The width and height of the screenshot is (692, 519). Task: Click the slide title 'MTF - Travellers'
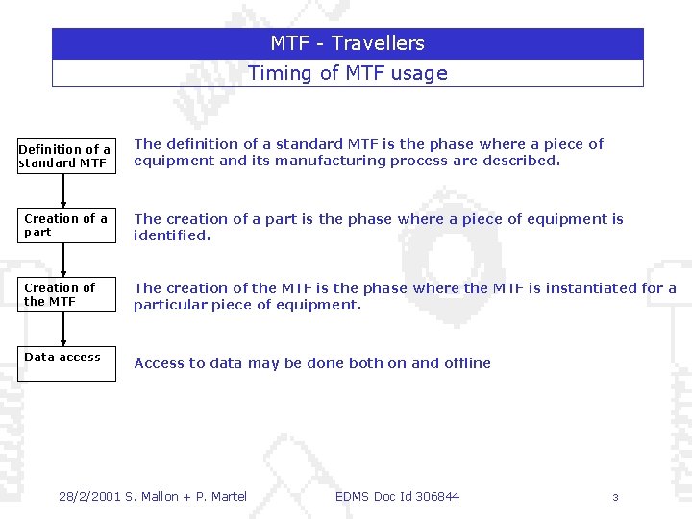347,43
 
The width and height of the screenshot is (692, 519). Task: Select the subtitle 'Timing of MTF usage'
347,73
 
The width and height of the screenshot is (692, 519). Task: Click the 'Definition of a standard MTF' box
65,156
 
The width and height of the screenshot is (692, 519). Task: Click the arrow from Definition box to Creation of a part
64,189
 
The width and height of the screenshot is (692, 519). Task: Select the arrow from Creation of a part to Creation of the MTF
64,259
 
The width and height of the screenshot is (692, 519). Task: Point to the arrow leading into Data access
64,329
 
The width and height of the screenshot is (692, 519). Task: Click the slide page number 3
615,497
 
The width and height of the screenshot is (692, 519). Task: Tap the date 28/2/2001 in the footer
89,496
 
